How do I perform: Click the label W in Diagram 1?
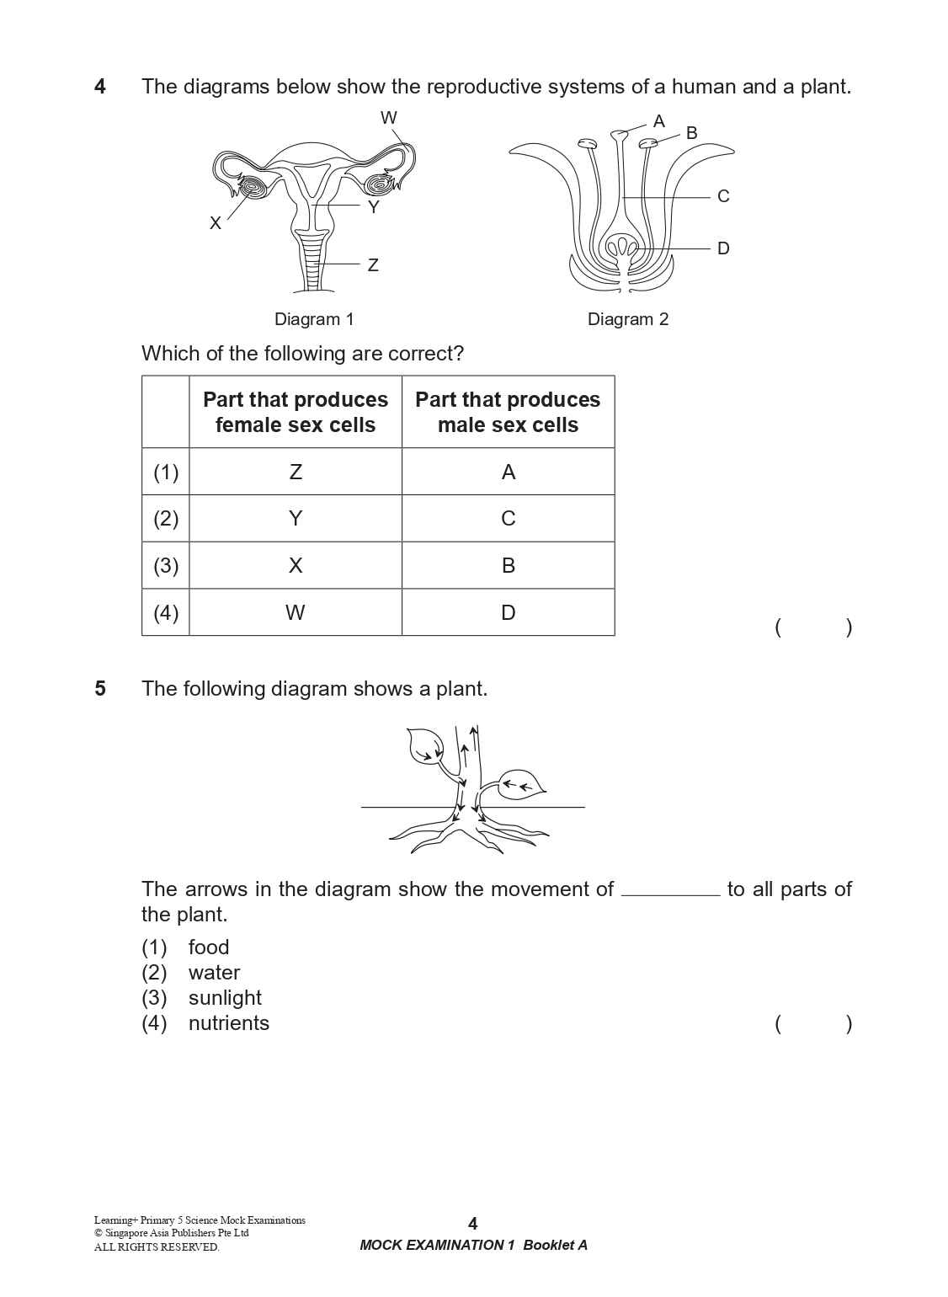(x=388, y=118)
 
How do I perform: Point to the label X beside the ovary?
(x=216, y=223)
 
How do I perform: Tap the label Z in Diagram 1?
(x=373, y=265)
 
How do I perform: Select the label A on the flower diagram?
(x=659, y=121)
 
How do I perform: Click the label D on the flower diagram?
(x=723, y=248)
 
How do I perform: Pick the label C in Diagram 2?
(x=723, y=196)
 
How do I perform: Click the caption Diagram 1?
(x=314, y=319)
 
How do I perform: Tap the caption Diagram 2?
(x=628, y=319)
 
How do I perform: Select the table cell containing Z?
(x=296, y=472)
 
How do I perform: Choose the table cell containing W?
(x=296, y=612)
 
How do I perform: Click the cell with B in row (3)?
(x=509, y=565)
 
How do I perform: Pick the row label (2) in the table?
(x=166, y=518)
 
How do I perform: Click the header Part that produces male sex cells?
(x=508, y=412)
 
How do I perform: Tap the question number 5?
(x=100, y=689)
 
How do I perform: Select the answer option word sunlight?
(x=225, y=998)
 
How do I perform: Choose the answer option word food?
(x=209, y=947)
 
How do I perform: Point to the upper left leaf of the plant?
(x=425, y=745)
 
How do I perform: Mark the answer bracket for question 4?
(x=813, y=627)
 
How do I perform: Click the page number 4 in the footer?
(x=472, y=1224)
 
